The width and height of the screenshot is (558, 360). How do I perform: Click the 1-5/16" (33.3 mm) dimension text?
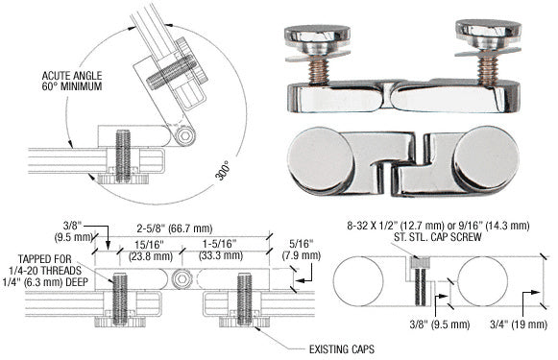pyautogui.click(x=213, y=249)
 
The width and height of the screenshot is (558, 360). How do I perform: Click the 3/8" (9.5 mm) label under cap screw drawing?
pyautogui.click(x=419, y=329)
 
